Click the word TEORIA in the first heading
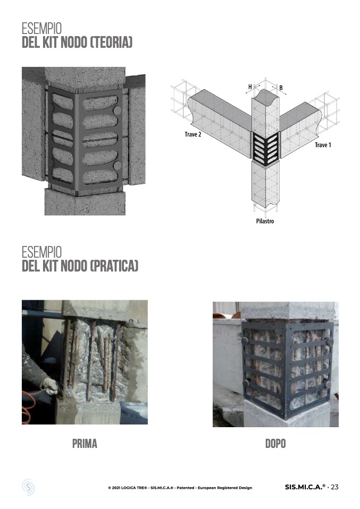111,43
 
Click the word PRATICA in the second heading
114,266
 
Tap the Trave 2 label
193,134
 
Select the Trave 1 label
323,145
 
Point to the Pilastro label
265,221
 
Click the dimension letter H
250,87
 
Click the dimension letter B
281,88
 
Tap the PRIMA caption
85,444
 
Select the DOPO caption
275,444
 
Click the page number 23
334,487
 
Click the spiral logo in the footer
28,487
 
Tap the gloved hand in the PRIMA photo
49,386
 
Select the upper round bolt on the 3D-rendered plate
118,110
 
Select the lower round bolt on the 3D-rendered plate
118,166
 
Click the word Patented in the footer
186,488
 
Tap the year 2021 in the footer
116,488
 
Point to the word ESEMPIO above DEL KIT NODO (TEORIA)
41,28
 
